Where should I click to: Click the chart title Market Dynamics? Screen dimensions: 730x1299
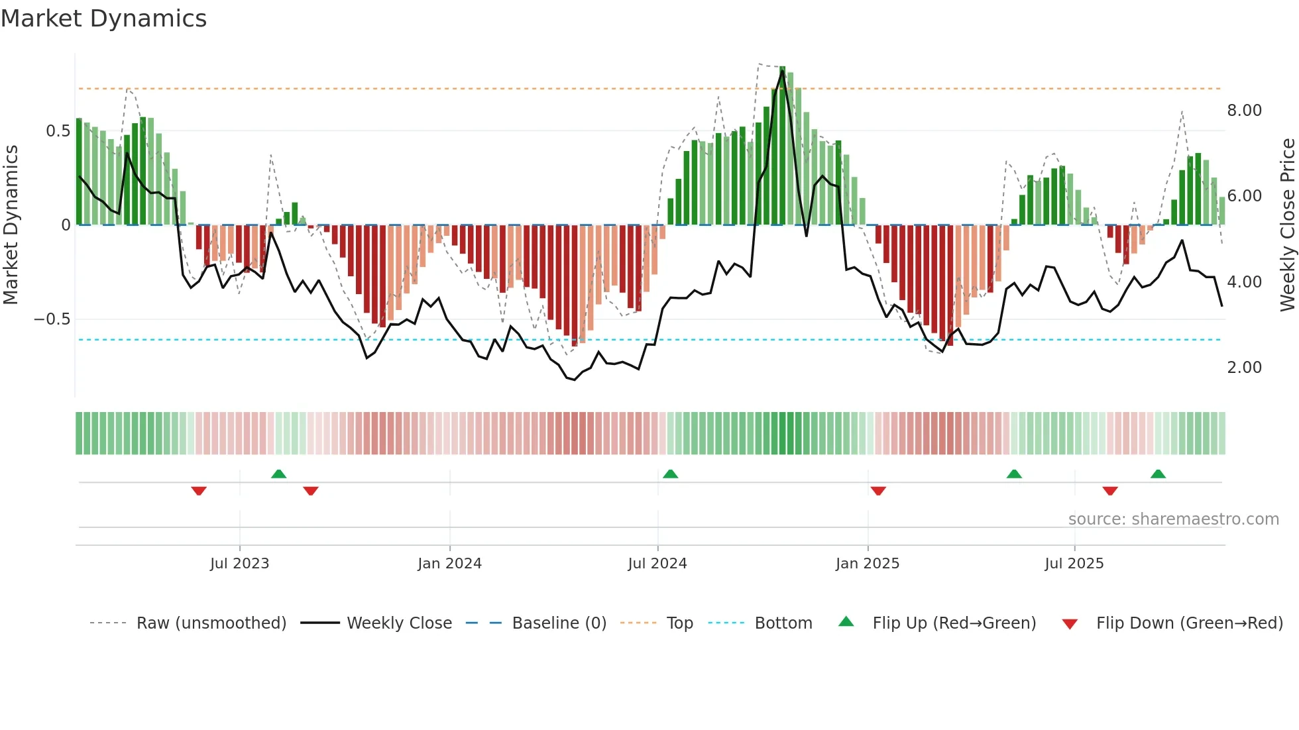(104, 19)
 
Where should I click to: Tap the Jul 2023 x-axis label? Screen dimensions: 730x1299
(239, 564)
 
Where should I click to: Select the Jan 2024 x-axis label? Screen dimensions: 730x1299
(449, 564)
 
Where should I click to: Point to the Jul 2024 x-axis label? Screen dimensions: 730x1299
(657, 564)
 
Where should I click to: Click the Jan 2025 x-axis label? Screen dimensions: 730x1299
(867, 564)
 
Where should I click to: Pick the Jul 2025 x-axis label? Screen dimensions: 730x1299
(1074, 564)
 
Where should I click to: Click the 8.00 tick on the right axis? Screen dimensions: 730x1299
(1244, 111)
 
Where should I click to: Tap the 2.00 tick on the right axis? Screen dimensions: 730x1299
(1244, 368)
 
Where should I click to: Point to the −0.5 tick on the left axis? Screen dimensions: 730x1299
(52, 319)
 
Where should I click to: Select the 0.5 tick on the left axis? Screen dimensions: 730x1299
(58, 131)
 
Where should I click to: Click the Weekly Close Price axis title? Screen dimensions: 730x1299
(1287, 225)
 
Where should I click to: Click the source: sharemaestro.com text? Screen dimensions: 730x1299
(1173, 519)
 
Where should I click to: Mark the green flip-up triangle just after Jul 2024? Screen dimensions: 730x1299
(670, 474)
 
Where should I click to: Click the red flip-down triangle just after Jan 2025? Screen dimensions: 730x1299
(878, 491)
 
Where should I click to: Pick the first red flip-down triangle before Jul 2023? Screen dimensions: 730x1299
(199, 491)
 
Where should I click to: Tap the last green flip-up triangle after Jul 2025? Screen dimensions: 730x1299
(1158, 474)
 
